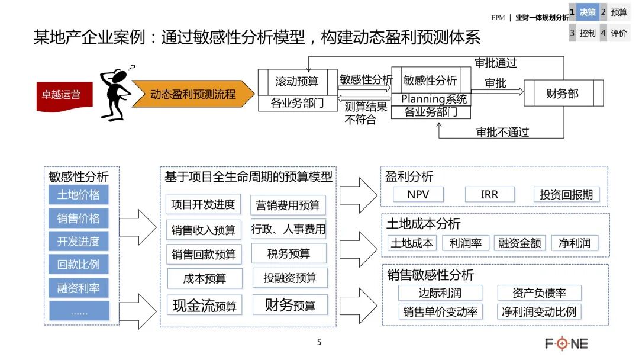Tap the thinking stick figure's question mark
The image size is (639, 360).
(x=131, y=68)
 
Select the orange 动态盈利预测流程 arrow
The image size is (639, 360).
(x=192, y=95)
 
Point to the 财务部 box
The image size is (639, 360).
(x=562, y=94)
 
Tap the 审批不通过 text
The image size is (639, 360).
(x=503, y=132)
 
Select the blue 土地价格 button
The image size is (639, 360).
(x=79, y=195)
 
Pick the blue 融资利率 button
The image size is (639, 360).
(x=79, y=288)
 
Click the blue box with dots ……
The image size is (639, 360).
(x=79, y=311)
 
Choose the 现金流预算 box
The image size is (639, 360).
(x=204, y=306)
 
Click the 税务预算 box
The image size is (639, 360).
(x=289, y=253)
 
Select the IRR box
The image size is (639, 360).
(x=489, y=194)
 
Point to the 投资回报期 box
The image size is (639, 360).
(x=566, y=194)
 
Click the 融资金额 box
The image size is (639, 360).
(x=519, y=243)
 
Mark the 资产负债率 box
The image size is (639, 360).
(x=539, y=292)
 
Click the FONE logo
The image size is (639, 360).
(x=566, y=343)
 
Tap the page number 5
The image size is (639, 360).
(x=319, y=342)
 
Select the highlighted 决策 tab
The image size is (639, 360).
(x=587, y=12)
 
